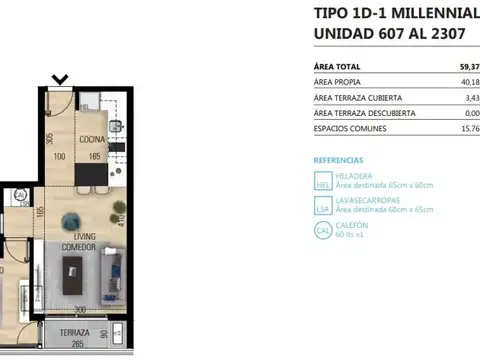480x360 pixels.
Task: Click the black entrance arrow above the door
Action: [60, 78]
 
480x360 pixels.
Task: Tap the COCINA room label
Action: [93, 139]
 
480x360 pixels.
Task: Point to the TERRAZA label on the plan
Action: [74, 333]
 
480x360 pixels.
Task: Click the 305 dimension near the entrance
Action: [49, 139]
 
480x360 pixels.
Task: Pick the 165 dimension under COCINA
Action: [93, 156]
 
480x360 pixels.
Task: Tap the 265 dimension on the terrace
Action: [76, 344]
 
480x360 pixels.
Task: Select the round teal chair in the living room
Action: [70, 221]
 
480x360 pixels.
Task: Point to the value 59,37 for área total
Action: [466, 66]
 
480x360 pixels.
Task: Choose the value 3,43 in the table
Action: [472, 98]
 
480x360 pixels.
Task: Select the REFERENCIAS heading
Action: [339, 160]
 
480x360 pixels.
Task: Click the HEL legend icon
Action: [322, 181]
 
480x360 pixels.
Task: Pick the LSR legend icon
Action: [322, 206]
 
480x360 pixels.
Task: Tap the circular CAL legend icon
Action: [322, 230]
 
